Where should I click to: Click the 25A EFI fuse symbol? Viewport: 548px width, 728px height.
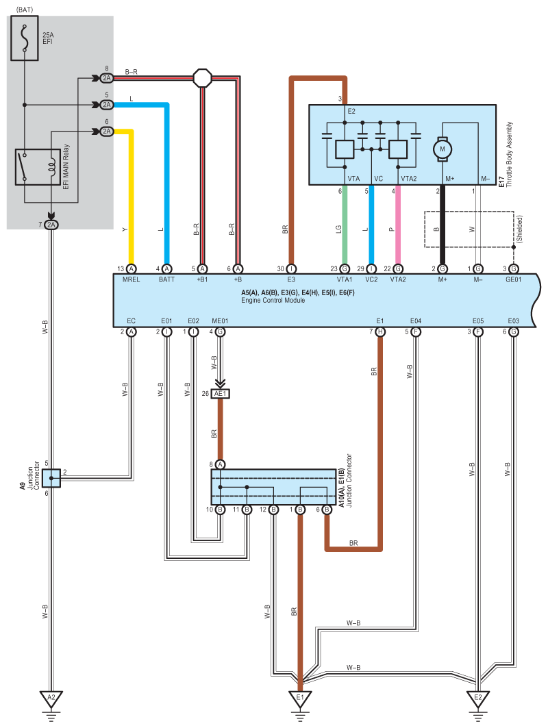click(x=25, y=38)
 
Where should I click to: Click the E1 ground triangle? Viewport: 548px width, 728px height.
click(x=300, y=699)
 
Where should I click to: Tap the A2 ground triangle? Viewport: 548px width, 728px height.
click(x=51, y=699)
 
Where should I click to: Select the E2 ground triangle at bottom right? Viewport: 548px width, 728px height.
click(x=478, y=699)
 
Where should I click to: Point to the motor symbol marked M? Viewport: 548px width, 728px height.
click(x=442, y=149)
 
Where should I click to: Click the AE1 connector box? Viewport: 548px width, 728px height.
click(x=220, y=394)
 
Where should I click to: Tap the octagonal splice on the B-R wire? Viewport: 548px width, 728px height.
click(x=202, y=78)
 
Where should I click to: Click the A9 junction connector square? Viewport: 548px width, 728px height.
click(x=51, y=478)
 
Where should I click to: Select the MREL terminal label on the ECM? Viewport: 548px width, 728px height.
click(x=131, y=279)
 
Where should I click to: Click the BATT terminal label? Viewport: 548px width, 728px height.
click(x=166, y=279)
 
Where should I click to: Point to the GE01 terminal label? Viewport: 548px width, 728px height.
click(x=513, y=279)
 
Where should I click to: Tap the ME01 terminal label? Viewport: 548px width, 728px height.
click(x=220, y=321)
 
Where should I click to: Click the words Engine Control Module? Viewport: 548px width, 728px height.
click(x=273, y=301)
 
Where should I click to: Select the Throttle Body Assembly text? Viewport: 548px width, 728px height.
click(x=510, y=155)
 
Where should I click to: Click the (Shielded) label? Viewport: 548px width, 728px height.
click(x=520, y=229)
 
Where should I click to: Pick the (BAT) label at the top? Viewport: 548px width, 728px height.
click(x=25, y=10)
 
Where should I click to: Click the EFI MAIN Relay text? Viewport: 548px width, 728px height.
click(x=66, y=166)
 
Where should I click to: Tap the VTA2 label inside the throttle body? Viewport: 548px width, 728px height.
click(x=409, y=178)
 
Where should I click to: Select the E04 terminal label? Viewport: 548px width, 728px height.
click(x=416, y=321)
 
